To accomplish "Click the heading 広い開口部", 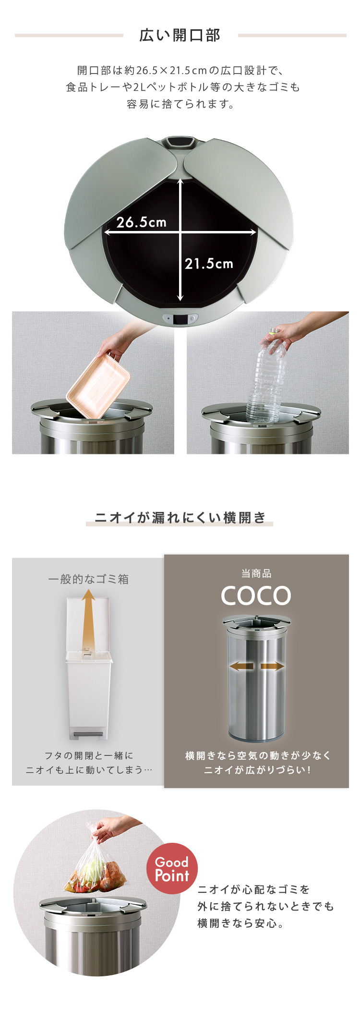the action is [x=180, y=35].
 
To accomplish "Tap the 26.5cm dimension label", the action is [x=142, y=222].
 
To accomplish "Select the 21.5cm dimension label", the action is [x=209, y=263].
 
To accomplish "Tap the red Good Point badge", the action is [x=172, y=868].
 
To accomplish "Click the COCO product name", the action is [x=256, y=596].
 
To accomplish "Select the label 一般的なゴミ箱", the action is [x=88, y=579].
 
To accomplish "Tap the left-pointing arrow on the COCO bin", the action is [x=241, y=666].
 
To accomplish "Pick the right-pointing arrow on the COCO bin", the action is [x=272, y=666].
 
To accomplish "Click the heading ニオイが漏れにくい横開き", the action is [x=180, y=517].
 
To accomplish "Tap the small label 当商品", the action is [x=256, y=573].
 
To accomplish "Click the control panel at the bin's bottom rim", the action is [x=180, y=318].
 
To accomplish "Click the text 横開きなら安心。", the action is [x=240, y=923].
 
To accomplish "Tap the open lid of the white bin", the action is [x=88, y=624].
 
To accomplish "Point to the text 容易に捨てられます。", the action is [x=180, y=104].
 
